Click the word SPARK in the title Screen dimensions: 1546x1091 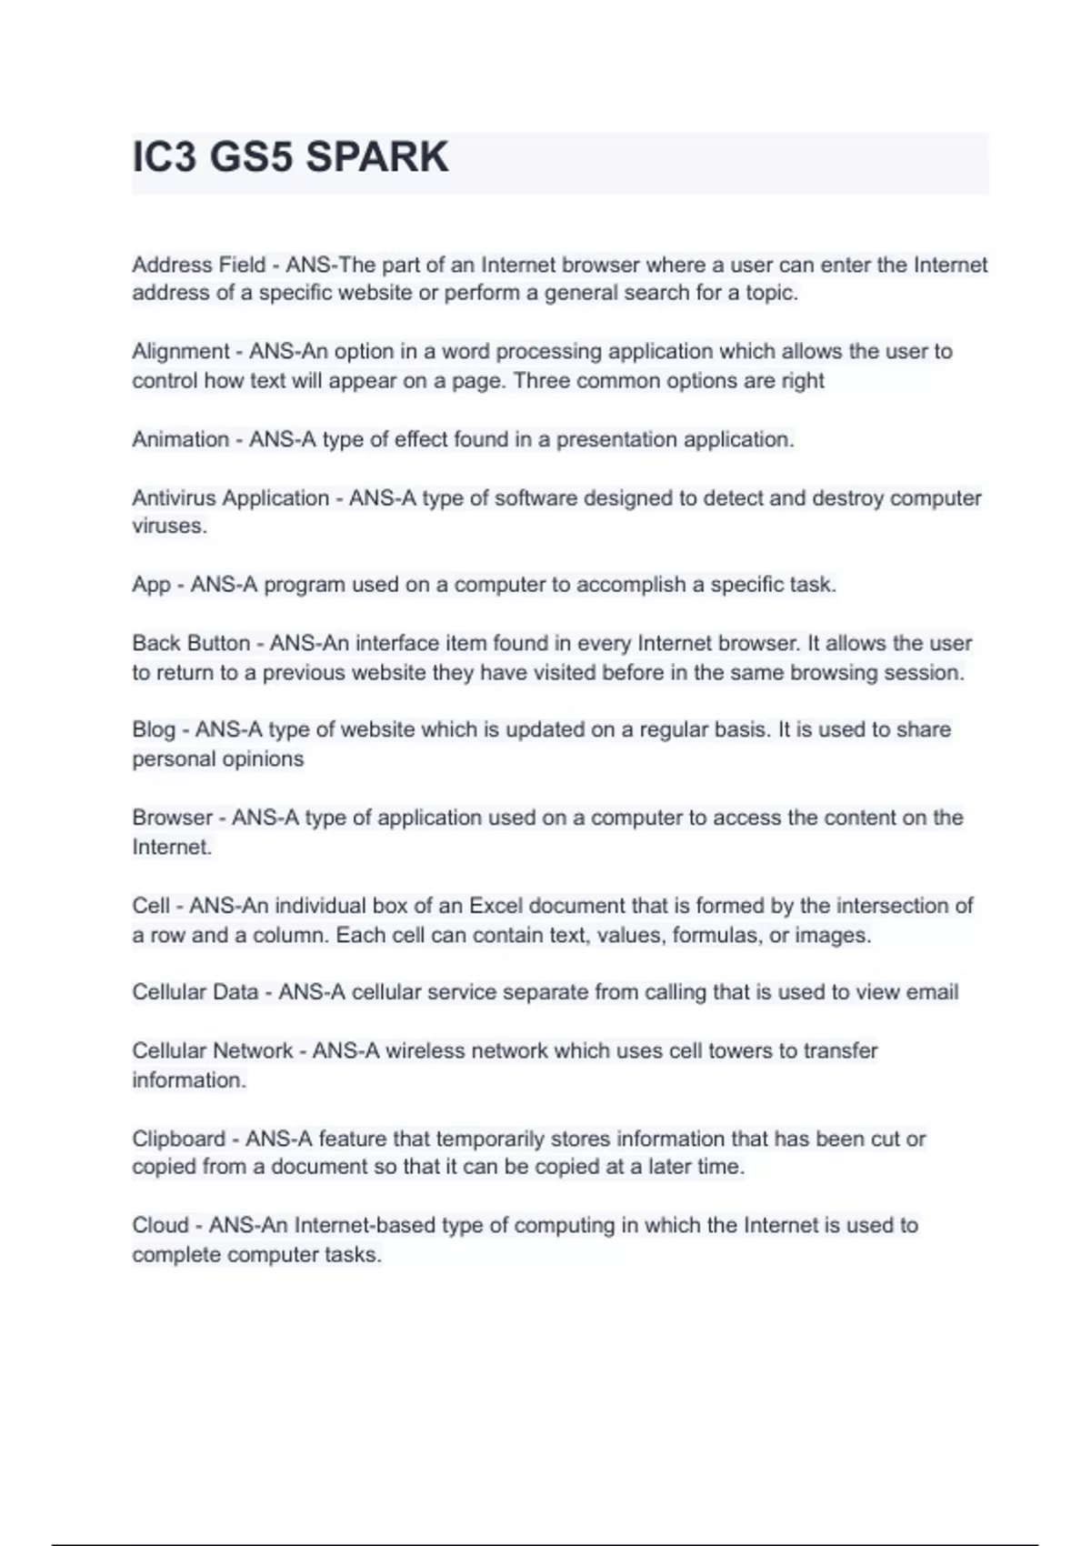pyautogui.click(x=376, y=157)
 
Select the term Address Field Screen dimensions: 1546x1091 pyautogui.click(x=198, y=265)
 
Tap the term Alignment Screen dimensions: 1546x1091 pyautogui.click(x=180, y=351)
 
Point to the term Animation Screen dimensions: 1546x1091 pyautogui.click(x=180, y=439)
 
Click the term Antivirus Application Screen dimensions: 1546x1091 pyautogui.click(x=230, y=498)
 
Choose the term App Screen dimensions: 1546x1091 pyautogui.click(x=151, y=585)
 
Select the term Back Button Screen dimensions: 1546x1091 pyautogui.click(x=191, y=643)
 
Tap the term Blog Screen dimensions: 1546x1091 pyautogui.click(x=154, y=729)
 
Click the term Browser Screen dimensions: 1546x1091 pyautogui.click(x=172, y=818)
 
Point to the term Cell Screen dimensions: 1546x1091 pyautogui.click(x=151, y=906)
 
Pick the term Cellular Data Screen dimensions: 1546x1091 pyautogui.click(x=195, y=992)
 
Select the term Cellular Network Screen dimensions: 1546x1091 pyautogui.click(x=212, y=1051)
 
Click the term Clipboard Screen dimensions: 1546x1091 pyautogui.click(x=178, y=1139)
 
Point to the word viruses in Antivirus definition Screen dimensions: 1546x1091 pyautogui.click(x=169, y=527)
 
